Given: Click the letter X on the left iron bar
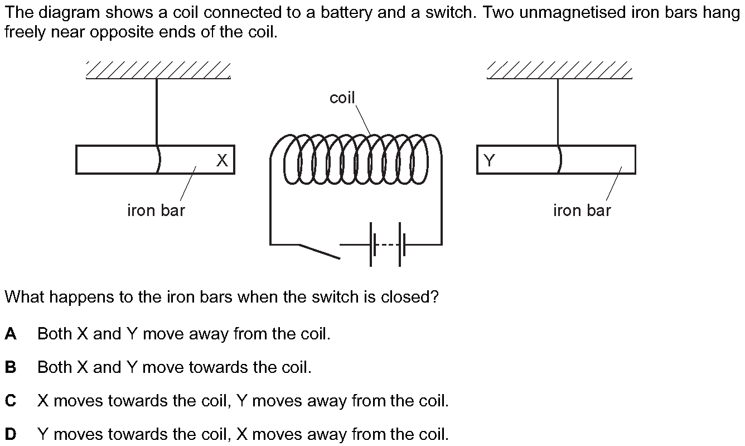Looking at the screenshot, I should coord(222,161).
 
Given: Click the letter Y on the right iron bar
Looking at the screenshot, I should coord(489,161).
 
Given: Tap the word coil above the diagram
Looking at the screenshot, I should coord(342,98).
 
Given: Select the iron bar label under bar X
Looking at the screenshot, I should coord(156,210).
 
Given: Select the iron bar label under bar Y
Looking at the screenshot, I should coord(582,210).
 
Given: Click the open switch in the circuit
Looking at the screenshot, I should coord(318,251).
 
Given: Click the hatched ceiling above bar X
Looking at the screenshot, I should coord(158,71).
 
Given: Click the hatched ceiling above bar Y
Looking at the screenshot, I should coord(559,71).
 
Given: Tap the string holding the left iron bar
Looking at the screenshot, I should coord(157,112).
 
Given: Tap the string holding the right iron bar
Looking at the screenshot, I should coord(558,112).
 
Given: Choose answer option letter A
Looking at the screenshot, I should coord(11,334).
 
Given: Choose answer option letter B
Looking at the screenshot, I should coord(11,367).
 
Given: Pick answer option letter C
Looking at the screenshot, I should coord(11,401).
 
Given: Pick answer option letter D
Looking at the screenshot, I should coord(11,434).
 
